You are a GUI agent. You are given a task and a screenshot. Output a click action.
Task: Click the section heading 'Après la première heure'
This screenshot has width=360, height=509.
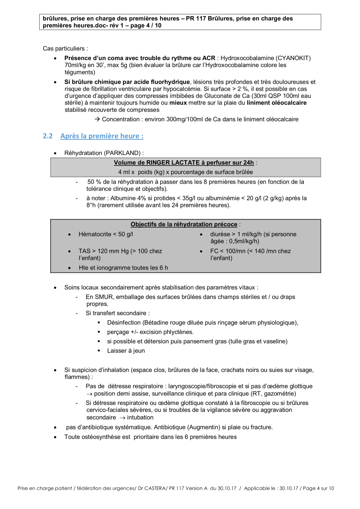pos(102,136)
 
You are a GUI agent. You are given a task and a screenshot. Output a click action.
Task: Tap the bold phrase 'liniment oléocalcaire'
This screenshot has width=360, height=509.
pos(276,103)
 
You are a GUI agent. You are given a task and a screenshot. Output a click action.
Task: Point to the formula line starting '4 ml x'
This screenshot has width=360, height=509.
pos(186,172)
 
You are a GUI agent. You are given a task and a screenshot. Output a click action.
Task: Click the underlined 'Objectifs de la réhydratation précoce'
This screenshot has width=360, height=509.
pos(184,224)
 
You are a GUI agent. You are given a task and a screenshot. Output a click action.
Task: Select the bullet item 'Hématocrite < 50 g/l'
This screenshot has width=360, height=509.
pos(105,234)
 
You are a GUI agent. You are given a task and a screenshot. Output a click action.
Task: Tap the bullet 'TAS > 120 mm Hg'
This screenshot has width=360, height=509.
pos(120,251)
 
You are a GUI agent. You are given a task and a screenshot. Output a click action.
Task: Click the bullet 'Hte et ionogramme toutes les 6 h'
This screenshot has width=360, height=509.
pos(123,268)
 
